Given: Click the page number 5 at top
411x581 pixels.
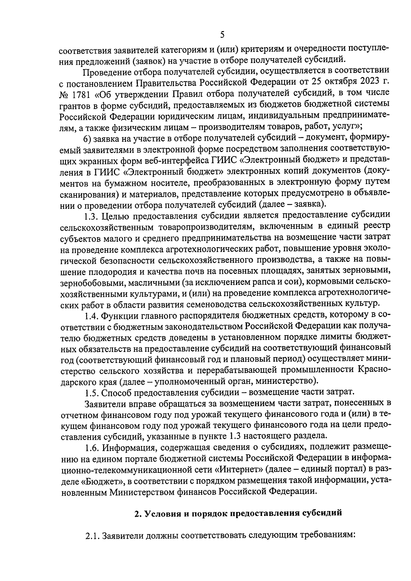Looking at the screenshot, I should tap(222, 35).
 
